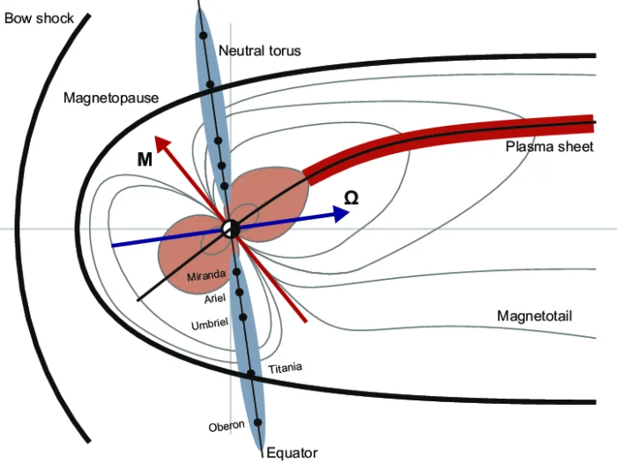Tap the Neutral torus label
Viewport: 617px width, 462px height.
(259, 51)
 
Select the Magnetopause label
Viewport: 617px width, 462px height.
(111, 98)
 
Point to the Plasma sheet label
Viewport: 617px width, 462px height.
(549, 146)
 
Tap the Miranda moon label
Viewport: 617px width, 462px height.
(207, 276)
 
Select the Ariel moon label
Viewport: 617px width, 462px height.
(216, 299)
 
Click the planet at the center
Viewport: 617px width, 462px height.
(231, 229)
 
